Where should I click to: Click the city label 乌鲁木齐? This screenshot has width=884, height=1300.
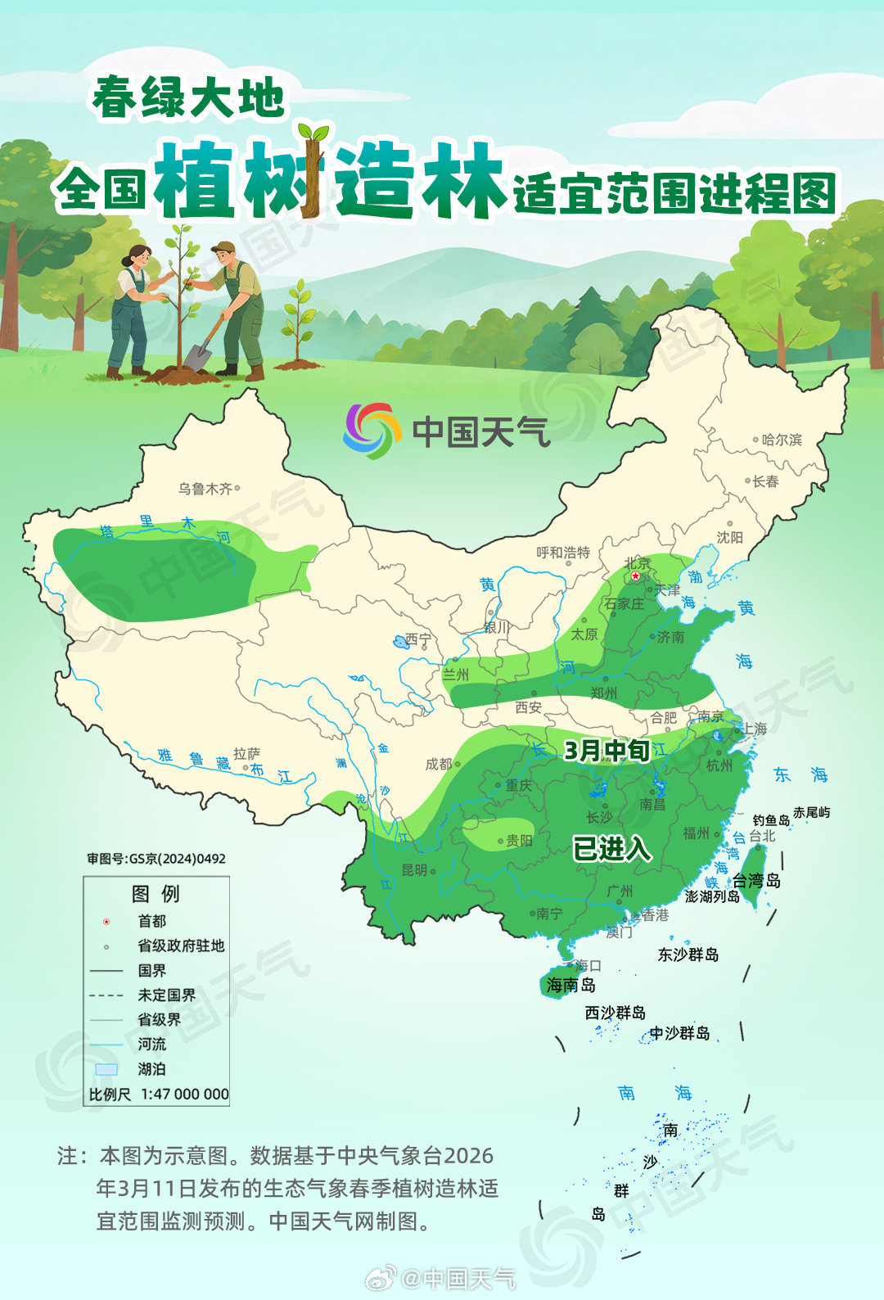(x=205, y=489)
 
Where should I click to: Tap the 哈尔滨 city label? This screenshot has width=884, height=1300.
(x=782, y=440)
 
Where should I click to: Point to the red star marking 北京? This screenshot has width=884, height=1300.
(x=636, y=576)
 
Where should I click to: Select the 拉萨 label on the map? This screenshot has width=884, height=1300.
(x=246, y=754)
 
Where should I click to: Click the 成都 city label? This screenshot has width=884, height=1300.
(x=439, y=764)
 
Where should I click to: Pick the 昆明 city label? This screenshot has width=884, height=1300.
(x=415, y=870)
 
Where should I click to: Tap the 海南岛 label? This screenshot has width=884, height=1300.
(x=571, y=985)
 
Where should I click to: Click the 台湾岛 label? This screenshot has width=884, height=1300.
(x=756, y=880)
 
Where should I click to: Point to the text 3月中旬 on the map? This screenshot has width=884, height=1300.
(x=607, y=751)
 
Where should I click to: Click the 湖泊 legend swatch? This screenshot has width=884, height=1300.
(x=106, y=1069)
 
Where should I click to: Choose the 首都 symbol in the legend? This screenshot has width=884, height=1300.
(x=106, y=922)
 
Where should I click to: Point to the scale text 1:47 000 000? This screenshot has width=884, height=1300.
(x=185, y=1095)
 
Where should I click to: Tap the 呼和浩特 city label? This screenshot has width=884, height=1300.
(x=563, y=553)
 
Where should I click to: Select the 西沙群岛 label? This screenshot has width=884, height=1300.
(x=615, y=1013)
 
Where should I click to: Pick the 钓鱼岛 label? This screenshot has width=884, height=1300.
(x=771, y=819)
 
